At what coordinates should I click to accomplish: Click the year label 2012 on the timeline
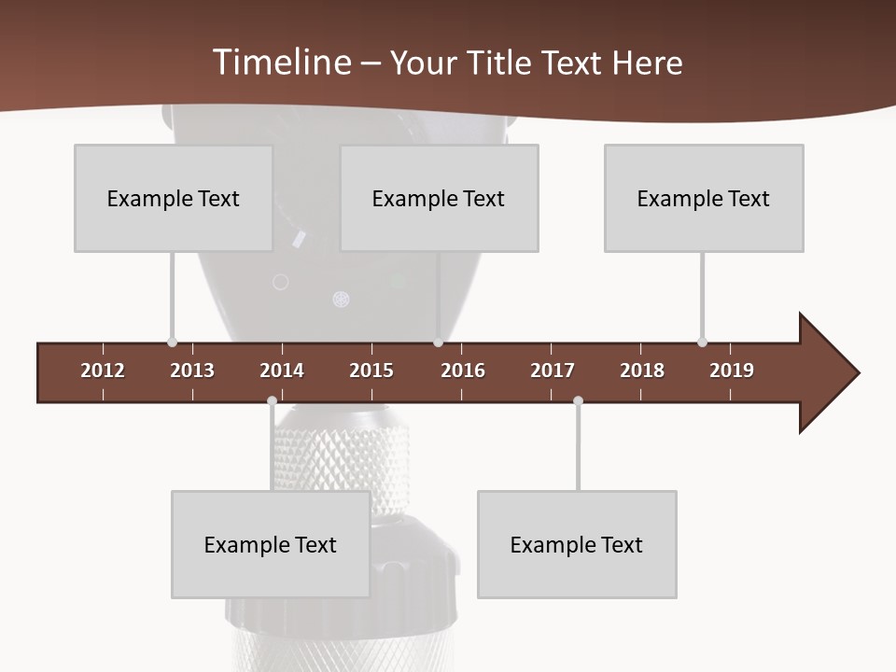coord(103,371)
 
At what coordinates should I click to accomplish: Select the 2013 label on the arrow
coord(192,371)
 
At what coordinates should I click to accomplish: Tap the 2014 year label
coord(282,371)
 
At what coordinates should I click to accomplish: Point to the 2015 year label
coord(371,371)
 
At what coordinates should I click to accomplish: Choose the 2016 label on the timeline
coord(463,371)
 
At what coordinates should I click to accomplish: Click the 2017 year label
coord(553,371)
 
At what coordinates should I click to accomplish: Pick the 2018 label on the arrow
coord(642,371)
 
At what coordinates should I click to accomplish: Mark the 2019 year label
coord(732,371)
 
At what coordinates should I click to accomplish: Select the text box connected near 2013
coord(174,198)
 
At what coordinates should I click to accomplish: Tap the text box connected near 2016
coord(439,198)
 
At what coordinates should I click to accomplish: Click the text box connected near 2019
coord(704,198)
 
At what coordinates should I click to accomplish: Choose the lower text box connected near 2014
coord(271,544)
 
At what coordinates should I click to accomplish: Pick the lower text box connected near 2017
coord(577,544)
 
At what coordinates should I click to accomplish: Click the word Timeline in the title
coord(281,63)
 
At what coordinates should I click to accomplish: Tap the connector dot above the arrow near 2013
coord(172,343)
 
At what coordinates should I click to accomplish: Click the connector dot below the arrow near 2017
coord(578,401)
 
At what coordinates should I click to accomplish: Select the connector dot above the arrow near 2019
coord(702,343)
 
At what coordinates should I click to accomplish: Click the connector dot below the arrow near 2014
coord(272,401)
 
